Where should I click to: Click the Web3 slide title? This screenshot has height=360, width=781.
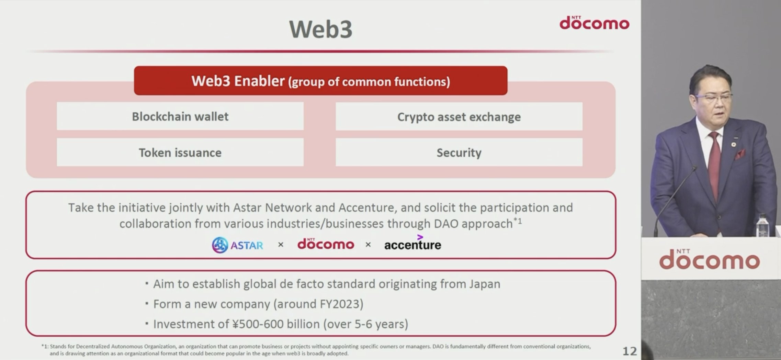[320, 29]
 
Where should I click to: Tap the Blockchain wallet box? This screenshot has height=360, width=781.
[180, 116]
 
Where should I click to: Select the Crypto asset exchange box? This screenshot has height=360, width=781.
[459, 117]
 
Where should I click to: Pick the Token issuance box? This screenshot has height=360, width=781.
[180, 153]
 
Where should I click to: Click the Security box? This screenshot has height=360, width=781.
[459, 153]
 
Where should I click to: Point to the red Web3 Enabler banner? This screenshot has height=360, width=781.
[320, 81]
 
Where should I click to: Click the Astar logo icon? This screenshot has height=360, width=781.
[220, 245]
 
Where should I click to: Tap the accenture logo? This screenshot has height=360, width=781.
[412, 244]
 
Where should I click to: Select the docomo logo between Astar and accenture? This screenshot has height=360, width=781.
[326, 244]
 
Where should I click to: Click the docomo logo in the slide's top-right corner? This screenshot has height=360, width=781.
[595, 23]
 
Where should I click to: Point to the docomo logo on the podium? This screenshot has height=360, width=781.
[709, 260]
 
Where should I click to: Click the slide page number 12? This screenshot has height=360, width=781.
[630, 351]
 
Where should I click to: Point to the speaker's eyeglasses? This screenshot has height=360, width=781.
[714, 98]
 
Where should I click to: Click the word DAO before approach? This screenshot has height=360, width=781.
[446, 224]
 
